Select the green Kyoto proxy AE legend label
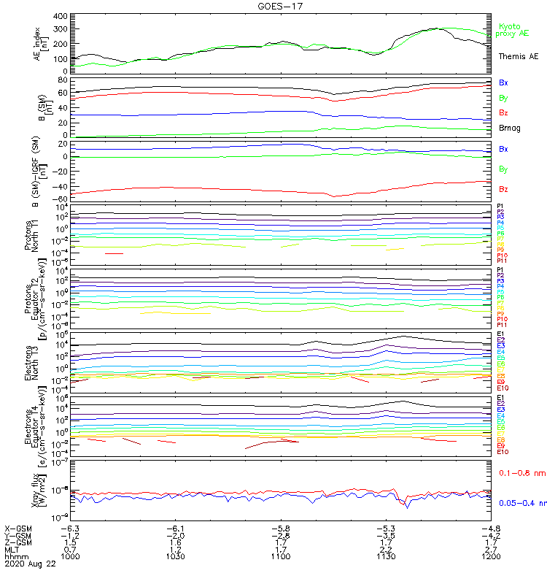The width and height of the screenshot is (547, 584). coord(513,30)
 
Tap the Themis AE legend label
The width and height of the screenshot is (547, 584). coord(519,56)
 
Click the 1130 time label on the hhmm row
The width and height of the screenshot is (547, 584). coord(386,556)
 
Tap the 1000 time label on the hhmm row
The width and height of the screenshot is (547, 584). coord(70,556)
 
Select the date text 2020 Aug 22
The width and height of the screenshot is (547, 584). coord(28,564)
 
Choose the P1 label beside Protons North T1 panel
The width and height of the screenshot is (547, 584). coord(500,207)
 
